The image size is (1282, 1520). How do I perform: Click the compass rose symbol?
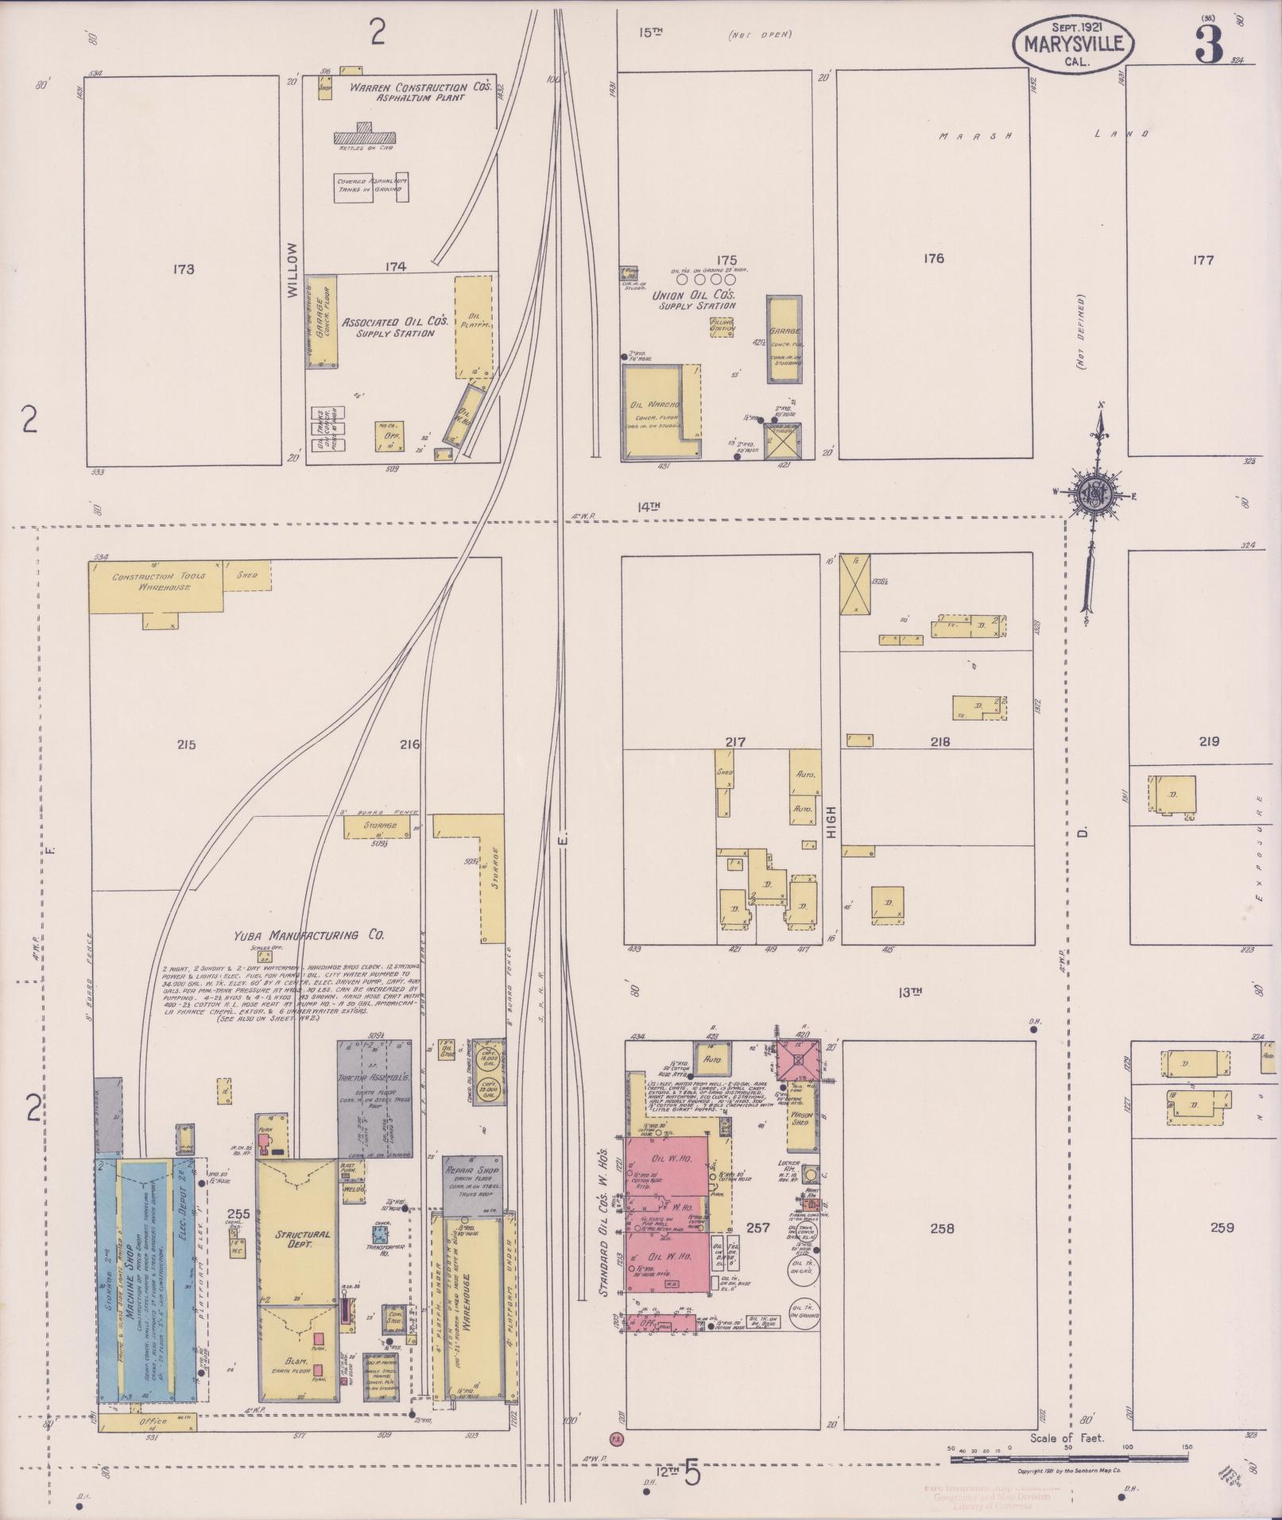[1094, 494]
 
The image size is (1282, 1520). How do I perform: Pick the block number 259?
[1222, 1228]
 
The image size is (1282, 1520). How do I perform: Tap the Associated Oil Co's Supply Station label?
[395, 327]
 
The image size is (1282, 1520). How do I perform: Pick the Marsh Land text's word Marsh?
[974, 136]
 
